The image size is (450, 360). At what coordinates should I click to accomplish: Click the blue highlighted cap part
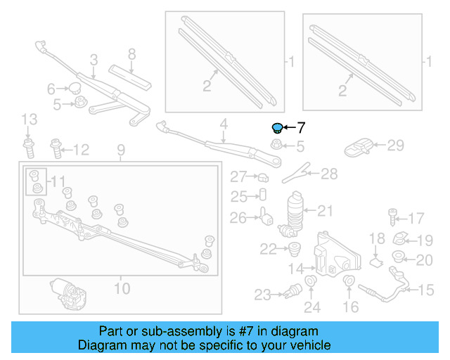coord(277,127)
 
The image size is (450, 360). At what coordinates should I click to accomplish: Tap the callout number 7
coord(301,128)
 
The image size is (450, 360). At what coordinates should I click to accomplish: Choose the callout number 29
coord(396,146)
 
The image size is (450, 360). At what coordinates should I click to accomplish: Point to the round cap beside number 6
coord(74,89)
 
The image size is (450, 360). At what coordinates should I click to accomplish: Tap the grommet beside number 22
coord(294,248)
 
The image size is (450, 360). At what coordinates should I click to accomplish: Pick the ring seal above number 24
coord(311,284)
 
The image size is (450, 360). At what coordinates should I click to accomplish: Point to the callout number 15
coord(427,290)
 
